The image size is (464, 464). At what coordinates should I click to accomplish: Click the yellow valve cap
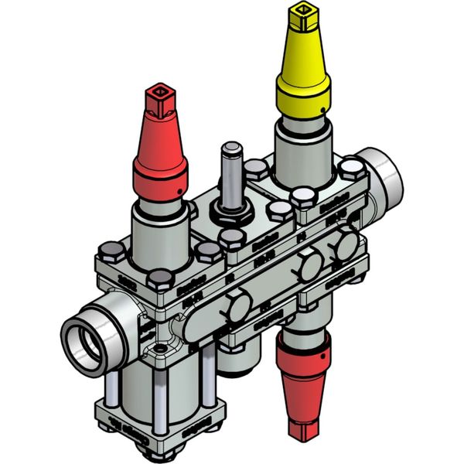pos(303,77)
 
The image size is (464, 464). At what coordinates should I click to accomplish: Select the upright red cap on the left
pos(161,155)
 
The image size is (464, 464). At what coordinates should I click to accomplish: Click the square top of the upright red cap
pos(161,97)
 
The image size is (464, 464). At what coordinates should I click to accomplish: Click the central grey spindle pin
pos(231,174)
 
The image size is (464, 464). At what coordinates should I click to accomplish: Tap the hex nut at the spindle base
pos(231,213)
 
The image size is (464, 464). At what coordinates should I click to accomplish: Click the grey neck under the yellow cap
pos(303,143)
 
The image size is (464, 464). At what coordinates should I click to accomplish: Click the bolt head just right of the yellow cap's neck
pos(353,168)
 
